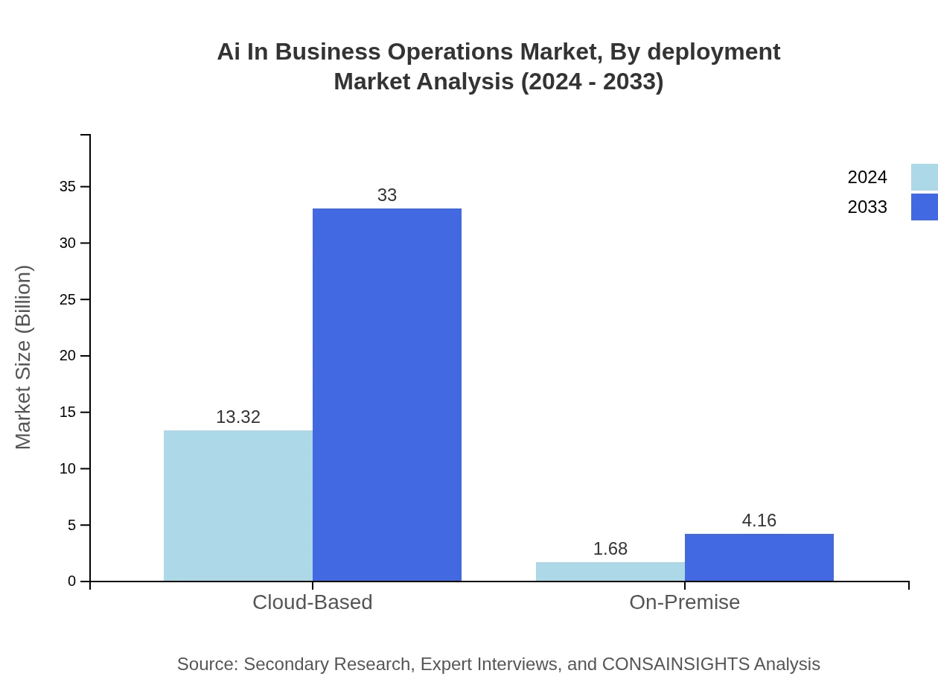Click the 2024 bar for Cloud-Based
238,506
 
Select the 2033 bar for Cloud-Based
387,395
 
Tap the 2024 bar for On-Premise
610,571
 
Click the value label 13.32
238,418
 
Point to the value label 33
387,195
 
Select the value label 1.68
610,549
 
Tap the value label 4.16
759,521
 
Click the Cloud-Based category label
312,602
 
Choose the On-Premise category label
684,602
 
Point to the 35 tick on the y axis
68,187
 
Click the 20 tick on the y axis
68,356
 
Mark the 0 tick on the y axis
72,582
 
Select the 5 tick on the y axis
72,525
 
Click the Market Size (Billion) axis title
23,357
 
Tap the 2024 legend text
867,177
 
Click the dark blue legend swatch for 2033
924,207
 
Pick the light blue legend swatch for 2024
924,177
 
